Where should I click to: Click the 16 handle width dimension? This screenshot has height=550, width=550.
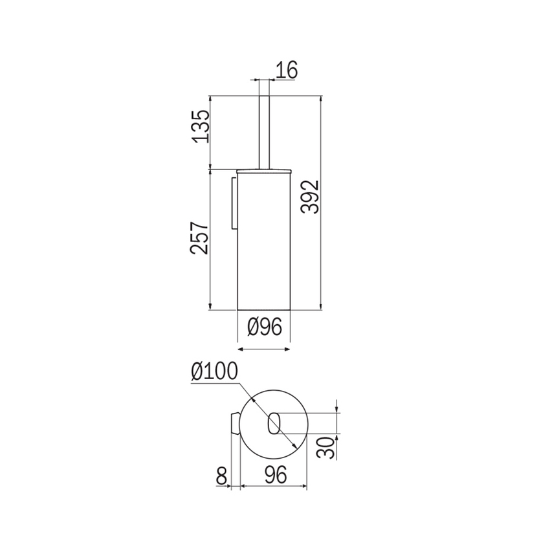(286, 70)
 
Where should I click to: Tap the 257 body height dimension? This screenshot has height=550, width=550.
(199, 237)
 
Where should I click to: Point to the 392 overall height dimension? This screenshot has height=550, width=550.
(310, 197)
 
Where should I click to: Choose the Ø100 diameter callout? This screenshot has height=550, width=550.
(214, 371)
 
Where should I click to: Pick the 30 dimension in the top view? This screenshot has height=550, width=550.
(325, 448)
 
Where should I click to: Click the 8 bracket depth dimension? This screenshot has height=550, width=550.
(221, 476)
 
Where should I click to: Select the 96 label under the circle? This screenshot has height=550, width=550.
(276, 476)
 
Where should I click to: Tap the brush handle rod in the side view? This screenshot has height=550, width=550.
(264, 132)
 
